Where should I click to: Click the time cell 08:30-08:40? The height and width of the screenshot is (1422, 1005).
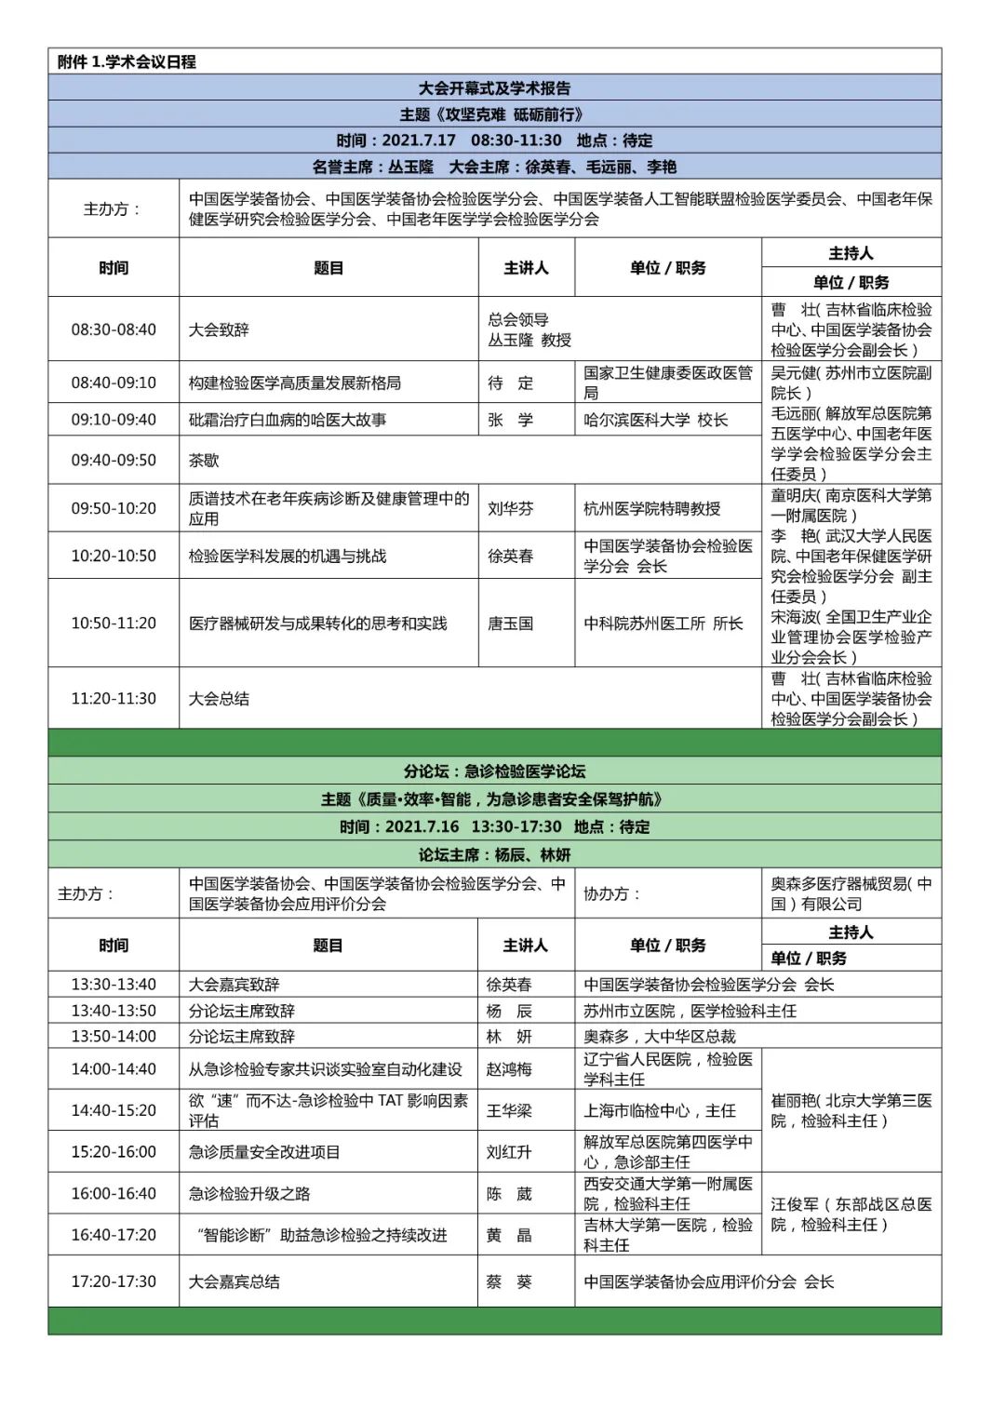(x=114, y=329)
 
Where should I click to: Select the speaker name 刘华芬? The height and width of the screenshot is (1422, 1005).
(x=511, y=508)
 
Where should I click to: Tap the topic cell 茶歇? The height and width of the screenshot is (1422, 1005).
(x=204, y=460)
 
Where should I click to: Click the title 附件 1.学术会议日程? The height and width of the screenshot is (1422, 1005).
(x=127, y=61)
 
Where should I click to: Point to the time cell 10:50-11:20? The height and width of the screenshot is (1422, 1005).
(x=114, y=623)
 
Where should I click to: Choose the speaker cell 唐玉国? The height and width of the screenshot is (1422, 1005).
(x=511, y=623)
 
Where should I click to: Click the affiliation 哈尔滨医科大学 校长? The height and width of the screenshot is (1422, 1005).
(x=656, y=420)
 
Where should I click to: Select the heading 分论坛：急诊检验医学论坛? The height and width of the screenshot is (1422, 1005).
(x=494, y=771)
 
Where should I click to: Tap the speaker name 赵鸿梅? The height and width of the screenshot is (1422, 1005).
(x=509, y=1069)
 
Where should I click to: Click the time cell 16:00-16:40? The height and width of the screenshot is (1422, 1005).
(x=114, y=1193)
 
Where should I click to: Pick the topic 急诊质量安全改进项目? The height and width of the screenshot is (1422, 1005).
(x=264, y=1151)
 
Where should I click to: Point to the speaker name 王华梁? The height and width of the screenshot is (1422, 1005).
(x=509, y=1110)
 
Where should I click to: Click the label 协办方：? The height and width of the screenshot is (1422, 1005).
(x=612, y=893)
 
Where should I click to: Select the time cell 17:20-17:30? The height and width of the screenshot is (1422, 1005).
(x=114, y=1281)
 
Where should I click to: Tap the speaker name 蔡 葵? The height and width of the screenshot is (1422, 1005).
(x=509, y=1281)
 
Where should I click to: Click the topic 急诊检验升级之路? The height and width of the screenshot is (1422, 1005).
(x=249, y=1193)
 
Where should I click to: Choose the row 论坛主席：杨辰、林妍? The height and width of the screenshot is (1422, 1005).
(x=494, y=854)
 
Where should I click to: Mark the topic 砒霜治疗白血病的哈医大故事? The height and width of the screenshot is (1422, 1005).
(x=288, y=420)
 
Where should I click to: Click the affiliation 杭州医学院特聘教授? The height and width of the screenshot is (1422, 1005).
(x=652, y=508)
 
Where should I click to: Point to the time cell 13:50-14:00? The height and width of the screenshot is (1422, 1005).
(x=114, y=1036)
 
